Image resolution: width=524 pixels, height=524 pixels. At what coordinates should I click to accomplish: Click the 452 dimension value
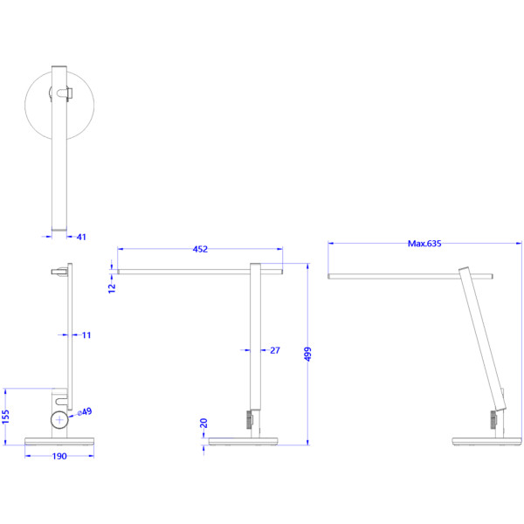(x=200, y=249)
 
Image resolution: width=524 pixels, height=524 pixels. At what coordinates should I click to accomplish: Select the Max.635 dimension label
(x=424, y=244)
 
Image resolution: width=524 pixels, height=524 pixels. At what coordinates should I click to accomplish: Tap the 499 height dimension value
(x=307, y=354)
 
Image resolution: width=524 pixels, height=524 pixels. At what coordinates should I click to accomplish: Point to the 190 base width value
(x=59, y=456)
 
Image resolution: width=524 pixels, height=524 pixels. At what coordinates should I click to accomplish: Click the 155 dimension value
(x=6, y=417)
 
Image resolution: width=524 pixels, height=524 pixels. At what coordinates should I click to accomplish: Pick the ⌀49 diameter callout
(x=85, y=411)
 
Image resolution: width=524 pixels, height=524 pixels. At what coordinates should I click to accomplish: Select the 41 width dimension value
(x=81, y=237)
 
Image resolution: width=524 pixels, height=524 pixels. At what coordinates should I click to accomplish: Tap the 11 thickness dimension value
(x=86, y=334)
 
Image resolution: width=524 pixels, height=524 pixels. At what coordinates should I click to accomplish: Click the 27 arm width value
(x=275, y=350)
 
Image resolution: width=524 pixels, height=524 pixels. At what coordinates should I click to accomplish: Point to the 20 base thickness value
(x=203, y=423)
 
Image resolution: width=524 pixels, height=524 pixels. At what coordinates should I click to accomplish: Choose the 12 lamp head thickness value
(x=112, y=288)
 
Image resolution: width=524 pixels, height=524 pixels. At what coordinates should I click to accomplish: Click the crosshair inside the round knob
(x=59, y=420)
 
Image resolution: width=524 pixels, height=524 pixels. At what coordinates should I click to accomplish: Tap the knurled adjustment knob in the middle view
(x=249, y=419)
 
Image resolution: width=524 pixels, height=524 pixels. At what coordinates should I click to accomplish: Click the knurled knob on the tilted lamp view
(x=493, y=420)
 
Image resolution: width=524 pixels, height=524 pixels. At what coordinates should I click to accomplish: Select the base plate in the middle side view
(x=243, y=441)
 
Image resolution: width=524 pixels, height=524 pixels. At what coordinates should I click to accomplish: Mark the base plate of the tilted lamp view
(x=486, y=441)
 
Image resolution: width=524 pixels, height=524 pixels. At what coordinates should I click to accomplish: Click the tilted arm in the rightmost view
(x=483, y=339)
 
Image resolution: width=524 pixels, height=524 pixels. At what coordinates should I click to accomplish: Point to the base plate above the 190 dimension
(x=59, y=441)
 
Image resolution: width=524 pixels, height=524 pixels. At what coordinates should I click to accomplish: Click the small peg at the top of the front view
(x=59, y=272)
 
